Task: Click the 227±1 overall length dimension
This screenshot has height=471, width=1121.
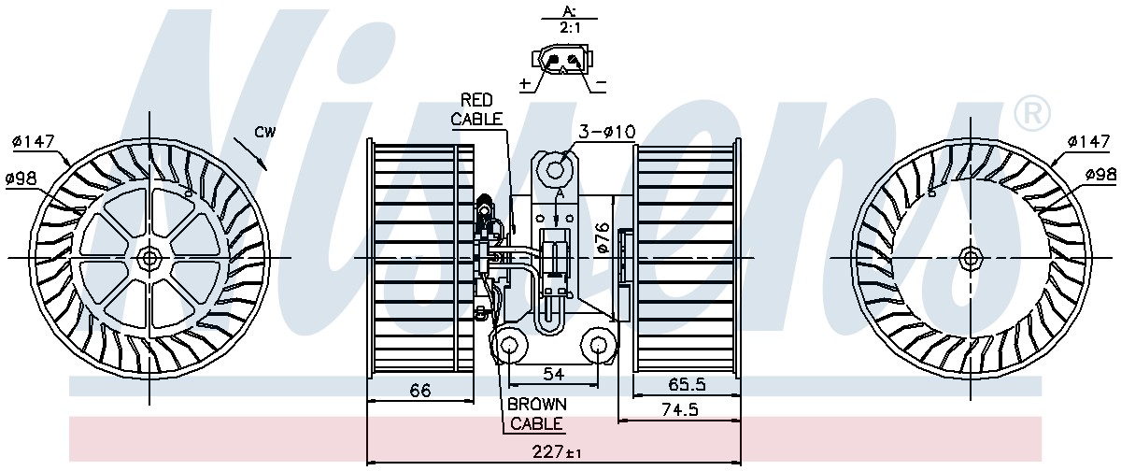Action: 557,452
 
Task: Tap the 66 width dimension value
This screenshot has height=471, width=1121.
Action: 419,391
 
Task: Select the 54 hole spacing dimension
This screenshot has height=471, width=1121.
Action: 553,375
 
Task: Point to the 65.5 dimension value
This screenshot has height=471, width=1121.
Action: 687,384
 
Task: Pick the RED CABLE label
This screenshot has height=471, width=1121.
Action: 476,109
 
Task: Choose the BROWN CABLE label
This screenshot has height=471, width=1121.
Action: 537,414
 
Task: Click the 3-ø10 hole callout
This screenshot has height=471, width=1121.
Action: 607,132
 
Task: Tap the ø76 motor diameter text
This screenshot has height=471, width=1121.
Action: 603,237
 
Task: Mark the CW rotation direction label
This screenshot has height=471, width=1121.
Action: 265,132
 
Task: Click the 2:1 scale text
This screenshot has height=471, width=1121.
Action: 570,28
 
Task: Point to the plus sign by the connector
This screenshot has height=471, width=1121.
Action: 525,83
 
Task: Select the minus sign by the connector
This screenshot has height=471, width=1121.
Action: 601,82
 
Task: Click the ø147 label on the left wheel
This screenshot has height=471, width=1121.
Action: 34,142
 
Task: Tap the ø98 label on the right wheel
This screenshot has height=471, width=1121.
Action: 1101,175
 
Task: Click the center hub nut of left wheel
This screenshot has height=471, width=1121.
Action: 149,258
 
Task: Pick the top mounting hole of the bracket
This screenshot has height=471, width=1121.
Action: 555,170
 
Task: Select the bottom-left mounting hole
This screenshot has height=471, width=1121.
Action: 509,345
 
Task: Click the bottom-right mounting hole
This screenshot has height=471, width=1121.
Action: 598,345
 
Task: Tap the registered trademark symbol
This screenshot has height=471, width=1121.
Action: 1032,114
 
